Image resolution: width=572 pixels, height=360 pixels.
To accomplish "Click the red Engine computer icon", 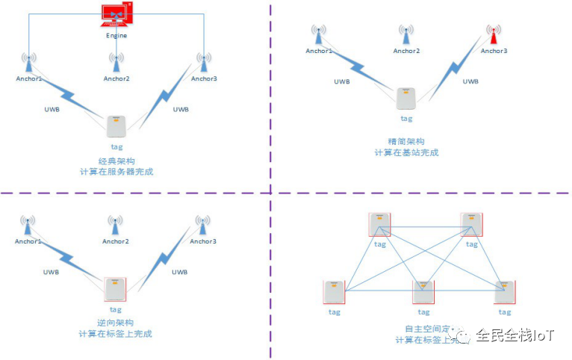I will (x=116, y=15).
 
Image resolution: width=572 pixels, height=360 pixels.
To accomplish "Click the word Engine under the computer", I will (x=116, y=35).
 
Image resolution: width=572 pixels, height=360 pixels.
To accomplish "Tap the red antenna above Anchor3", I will (x=493, y=34).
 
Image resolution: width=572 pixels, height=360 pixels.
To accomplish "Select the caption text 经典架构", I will (x=115, y=161).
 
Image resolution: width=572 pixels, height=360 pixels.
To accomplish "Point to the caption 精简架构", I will (x=406, y=141).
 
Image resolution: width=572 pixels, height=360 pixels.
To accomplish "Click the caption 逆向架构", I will (x=115, y=322).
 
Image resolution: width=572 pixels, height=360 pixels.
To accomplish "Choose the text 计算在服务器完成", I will (x=116, y=173).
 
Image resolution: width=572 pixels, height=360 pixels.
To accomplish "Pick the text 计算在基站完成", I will (x=406, y=152).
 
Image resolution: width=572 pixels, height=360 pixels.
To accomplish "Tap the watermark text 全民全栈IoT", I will (x=515, y=335).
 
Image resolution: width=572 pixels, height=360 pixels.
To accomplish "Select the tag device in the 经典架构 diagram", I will (x=116, y=126).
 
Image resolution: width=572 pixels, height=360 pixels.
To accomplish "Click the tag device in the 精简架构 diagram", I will (x=406, y=99).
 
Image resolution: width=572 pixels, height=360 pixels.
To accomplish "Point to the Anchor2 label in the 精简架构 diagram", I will (x=406, y=51).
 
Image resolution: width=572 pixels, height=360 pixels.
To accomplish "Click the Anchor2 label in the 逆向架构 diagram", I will (x=116, y=241).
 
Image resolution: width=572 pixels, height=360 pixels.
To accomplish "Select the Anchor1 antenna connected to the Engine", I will (x=29, y=60).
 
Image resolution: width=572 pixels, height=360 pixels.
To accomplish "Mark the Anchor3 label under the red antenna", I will (x=494, y=51).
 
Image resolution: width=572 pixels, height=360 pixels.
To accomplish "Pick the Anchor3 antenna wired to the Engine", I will (x=202, y=60).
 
